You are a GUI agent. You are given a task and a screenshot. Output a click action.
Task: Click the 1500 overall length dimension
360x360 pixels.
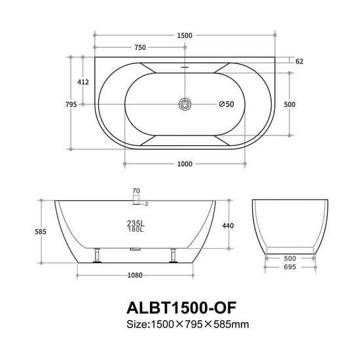(185, 35)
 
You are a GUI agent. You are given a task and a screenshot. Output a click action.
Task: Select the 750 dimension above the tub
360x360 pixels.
(140, 47)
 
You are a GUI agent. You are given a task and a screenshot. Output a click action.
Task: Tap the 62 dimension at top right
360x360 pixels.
(299, 62)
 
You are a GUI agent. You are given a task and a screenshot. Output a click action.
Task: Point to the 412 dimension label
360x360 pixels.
(83, 82)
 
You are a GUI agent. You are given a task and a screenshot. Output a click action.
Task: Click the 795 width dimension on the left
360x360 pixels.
(71, 105)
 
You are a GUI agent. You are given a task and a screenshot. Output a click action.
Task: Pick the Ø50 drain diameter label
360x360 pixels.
(226, 104)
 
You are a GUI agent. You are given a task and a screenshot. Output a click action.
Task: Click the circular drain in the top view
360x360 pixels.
(185, 104)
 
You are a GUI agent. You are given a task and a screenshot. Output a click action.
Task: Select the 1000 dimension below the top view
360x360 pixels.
(185, 164)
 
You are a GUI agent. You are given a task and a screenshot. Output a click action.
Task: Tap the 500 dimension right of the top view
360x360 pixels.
(289, 105)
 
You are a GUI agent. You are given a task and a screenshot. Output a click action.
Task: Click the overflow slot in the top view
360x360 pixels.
(185, 67)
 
